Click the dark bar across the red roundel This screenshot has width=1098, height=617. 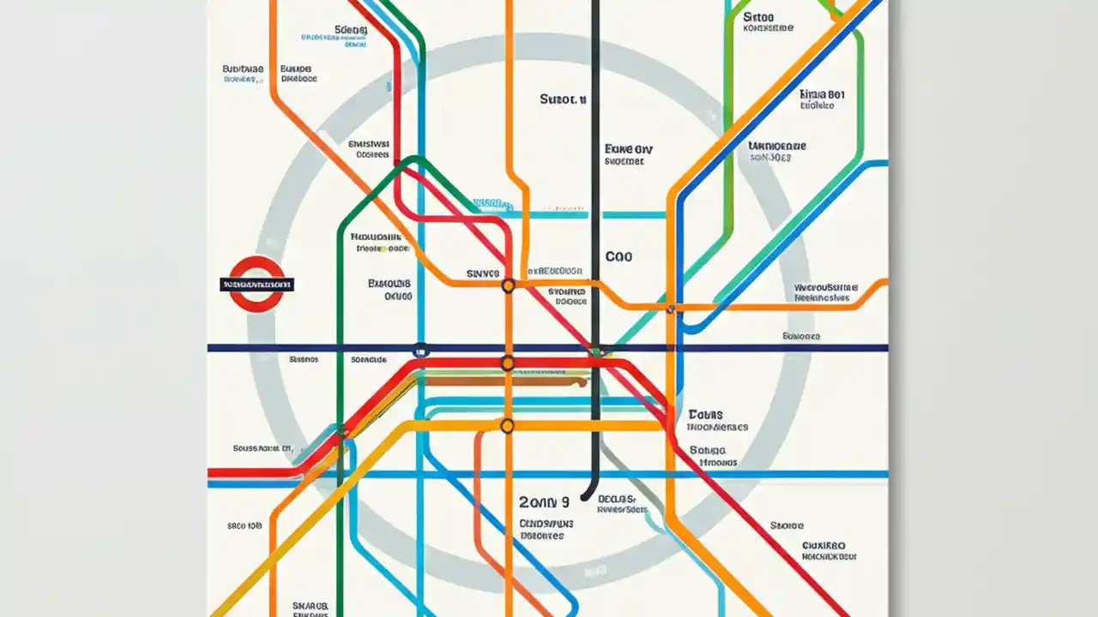(257, 284)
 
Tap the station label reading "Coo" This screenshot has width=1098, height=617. (618, 256)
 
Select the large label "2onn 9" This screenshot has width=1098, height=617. (544, 502)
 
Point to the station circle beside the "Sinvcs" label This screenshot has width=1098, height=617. (508, 286)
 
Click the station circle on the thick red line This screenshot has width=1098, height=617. (507, 364)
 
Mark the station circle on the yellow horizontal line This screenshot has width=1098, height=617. (507, 425)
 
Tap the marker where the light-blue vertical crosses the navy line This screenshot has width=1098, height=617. (420, 349)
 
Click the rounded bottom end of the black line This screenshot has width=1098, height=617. (587, 495)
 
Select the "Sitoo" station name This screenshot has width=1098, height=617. (758, 16)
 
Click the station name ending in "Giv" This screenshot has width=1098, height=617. (629, 148)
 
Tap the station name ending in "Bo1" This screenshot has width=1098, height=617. (821, 93)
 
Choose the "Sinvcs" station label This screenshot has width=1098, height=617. (482, 274)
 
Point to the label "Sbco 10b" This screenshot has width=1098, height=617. (244, 526)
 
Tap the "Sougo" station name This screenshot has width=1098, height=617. (707, 450)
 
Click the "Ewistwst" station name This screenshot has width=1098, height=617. (370, 144)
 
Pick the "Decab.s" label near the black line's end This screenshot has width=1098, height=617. (616, 499)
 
